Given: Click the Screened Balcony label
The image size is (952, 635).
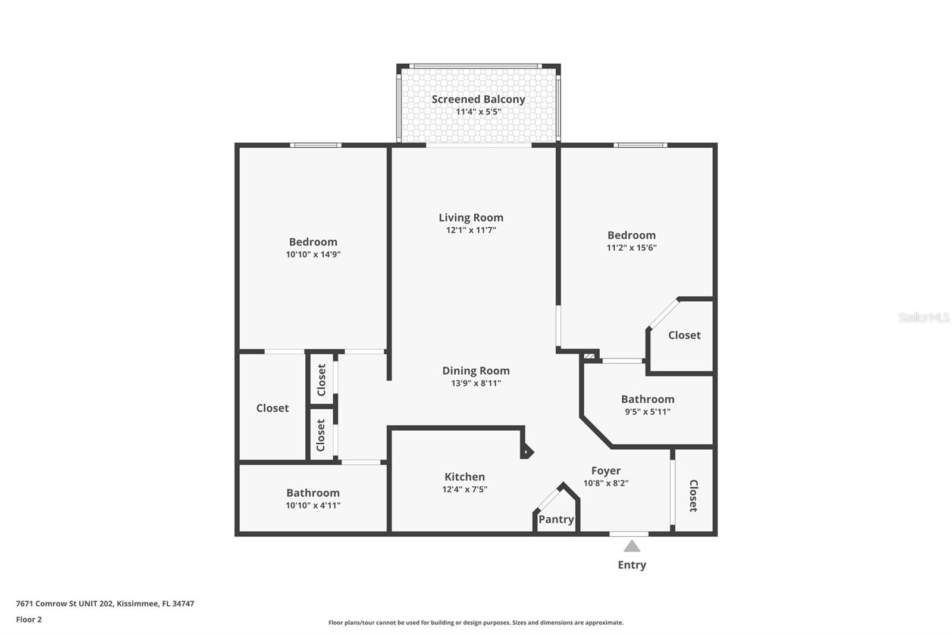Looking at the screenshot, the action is [478, 99].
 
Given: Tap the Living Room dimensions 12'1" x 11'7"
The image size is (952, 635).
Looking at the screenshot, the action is [471, 231].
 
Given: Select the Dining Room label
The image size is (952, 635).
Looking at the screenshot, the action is [476, 371].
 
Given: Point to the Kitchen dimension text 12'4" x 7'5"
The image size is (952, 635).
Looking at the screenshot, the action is [465, 490].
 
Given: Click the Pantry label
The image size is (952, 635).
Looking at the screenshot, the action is [556, 519].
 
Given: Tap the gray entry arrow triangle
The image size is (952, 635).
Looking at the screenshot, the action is [631, 546].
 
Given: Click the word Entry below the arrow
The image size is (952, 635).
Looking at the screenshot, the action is [631, 565].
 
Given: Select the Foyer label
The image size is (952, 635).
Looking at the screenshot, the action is [606, 471].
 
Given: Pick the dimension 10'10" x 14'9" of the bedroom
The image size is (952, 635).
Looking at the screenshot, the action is [313, 254].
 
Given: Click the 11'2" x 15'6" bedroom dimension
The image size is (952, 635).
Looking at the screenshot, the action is [631, 248].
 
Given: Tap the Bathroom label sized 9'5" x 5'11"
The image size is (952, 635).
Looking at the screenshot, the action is [648, 399].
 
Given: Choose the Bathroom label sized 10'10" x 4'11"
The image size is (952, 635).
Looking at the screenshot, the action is [313, 493].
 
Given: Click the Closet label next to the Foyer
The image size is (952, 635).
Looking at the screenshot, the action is [693, 496].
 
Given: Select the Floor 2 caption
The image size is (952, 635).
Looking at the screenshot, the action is [29, 620].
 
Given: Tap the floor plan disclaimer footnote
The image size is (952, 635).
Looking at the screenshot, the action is [476, 622].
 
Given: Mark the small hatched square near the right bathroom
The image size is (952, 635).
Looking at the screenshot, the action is [589, 356].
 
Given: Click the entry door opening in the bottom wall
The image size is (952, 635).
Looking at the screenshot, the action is [629, 534].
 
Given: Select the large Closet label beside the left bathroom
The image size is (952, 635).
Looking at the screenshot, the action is [273, 408].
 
